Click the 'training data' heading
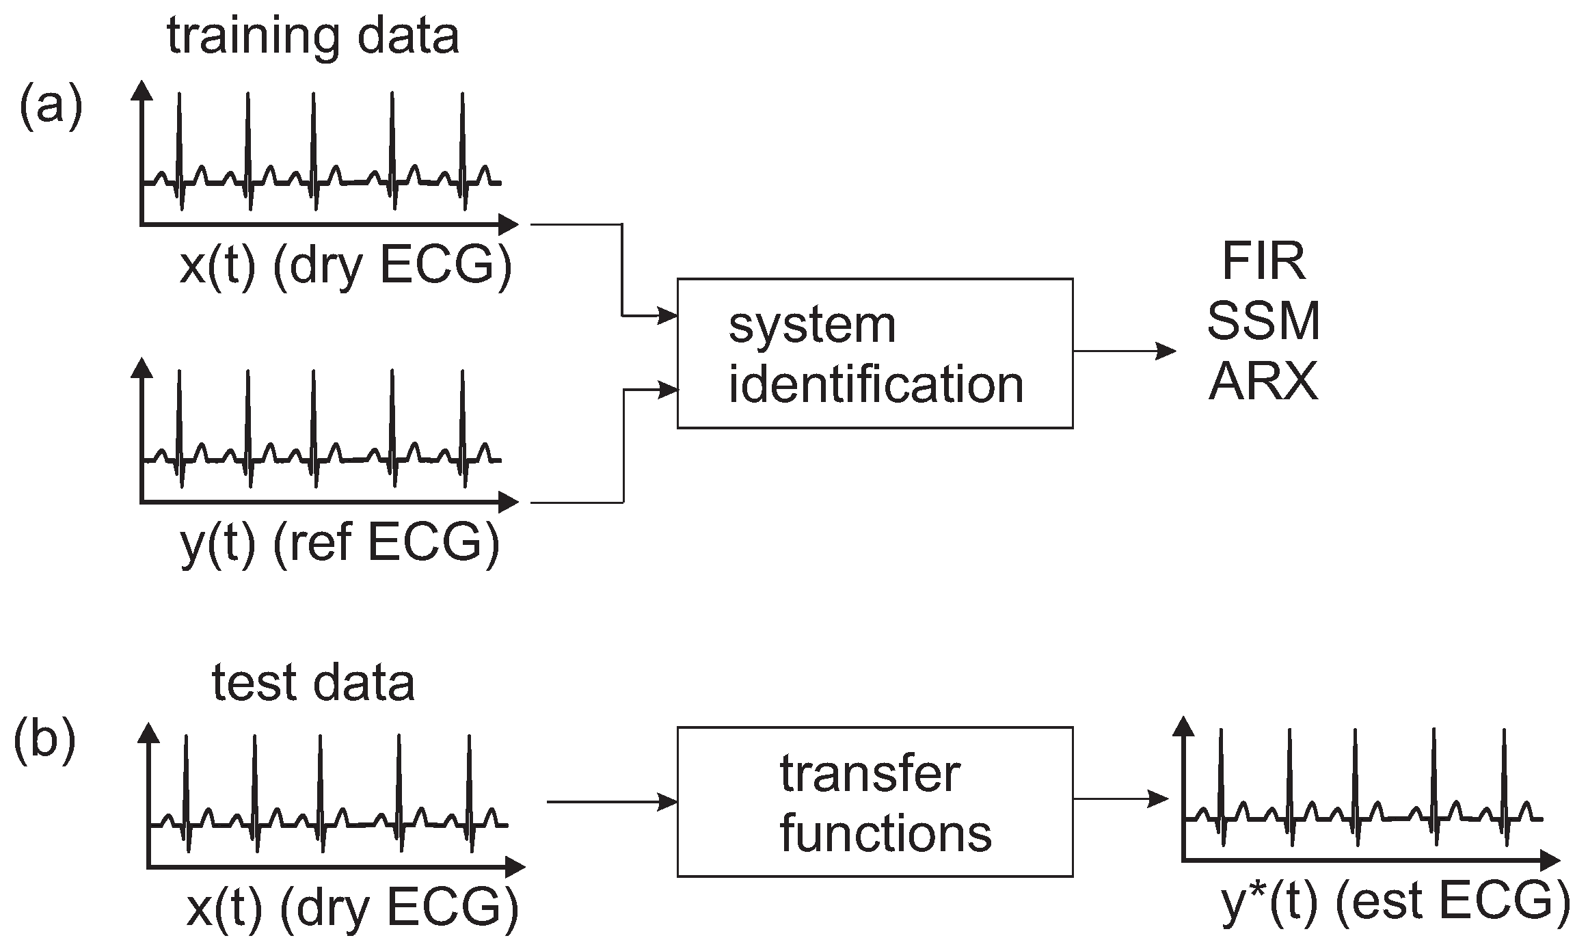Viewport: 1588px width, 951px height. tap(313, 38)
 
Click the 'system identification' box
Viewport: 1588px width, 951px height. tap(874, 353)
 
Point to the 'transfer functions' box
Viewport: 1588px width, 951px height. tap(874, 802)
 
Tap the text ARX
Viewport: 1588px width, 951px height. tap(1263, 381)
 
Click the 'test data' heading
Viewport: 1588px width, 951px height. tap(313, 683)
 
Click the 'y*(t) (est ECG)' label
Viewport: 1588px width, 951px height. tap(1395, 903)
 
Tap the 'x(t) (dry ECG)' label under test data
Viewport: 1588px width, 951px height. tap(352, 910)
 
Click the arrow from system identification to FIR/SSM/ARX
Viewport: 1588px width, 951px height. tap(1125, 351)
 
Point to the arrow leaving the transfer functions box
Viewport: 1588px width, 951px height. tap(1121, 799)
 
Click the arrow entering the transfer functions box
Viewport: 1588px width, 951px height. tap(612, 802)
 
